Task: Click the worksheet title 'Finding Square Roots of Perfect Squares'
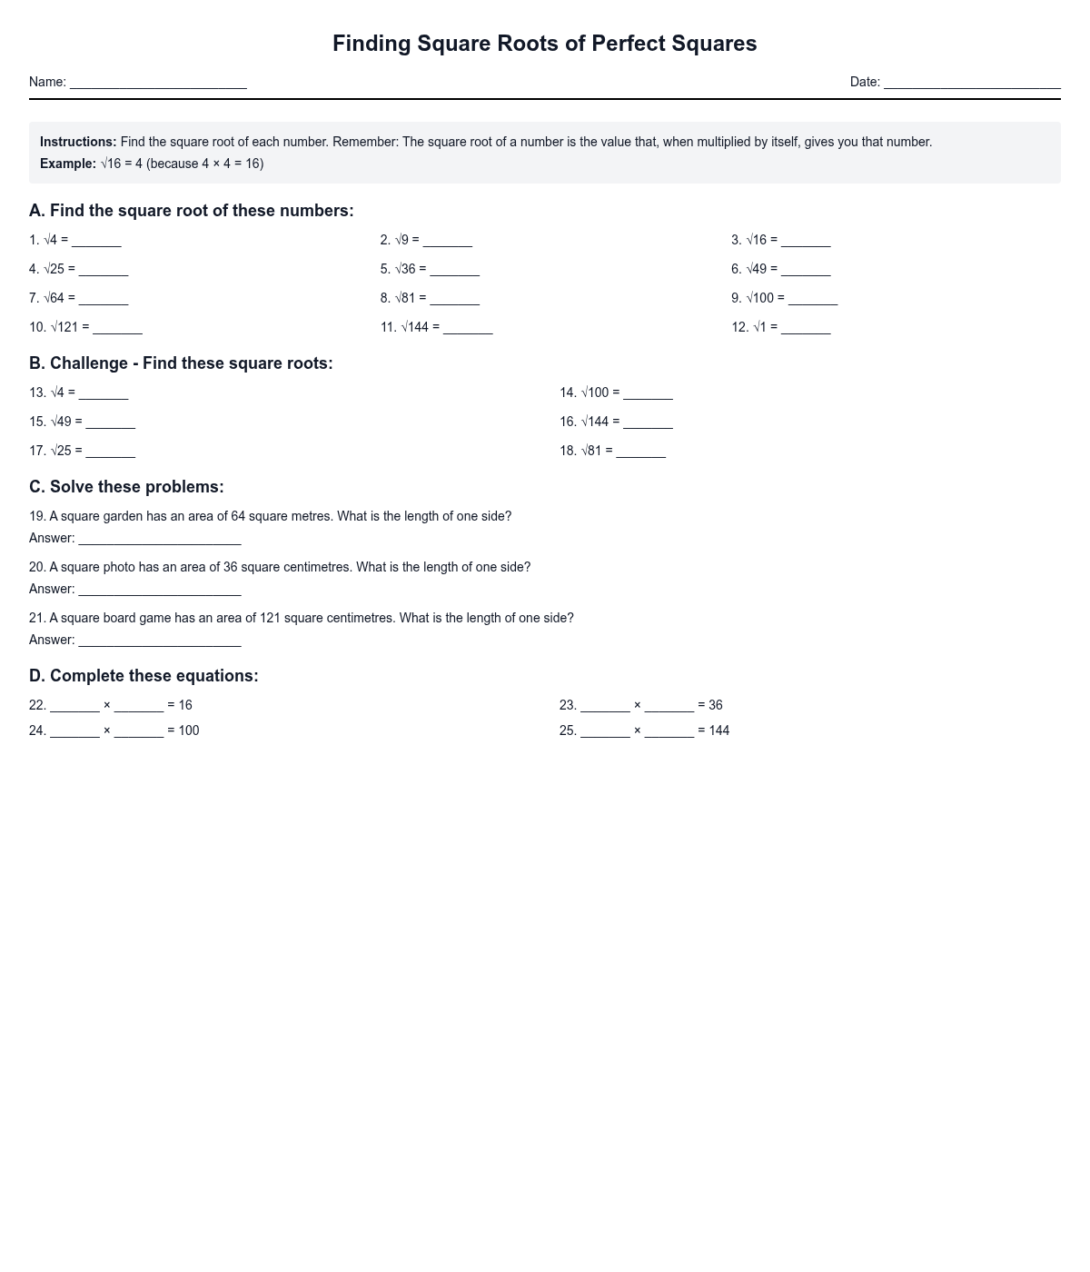click(x=544, y=44)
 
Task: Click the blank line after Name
click(x=158, y=84)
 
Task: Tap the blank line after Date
click(x=972, y=84)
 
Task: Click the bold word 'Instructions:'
click(x=78, y=142)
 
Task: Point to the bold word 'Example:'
click(x=68, y=164)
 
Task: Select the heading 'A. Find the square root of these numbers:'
click(x=191, y=211)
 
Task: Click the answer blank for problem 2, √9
click(x=447, y=242)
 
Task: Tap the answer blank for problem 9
click(x=812, y=300)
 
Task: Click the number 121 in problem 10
click(x=68, y=327)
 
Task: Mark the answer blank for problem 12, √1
click(x=806, y=329)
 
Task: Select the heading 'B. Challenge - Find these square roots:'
click(x=181, y=363)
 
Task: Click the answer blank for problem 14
click(x=648, y=394)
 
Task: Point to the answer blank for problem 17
click(x=110, y=452)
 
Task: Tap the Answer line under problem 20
click(x=160, y=591)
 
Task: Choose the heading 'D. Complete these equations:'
click(x=144, y=676)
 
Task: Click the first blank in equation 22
click(x=74, y=707)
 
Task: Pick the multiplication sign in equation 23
click(x=637, y=705)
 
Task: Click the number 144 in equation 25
click(x=719, y=730)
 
